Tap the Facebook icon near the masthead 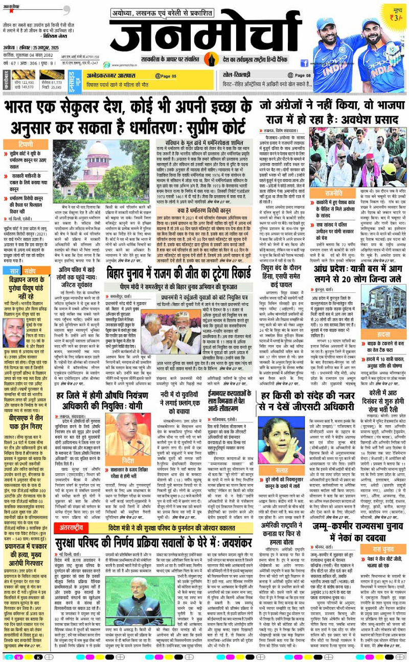pyautogui.click(x=304, y=63)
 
